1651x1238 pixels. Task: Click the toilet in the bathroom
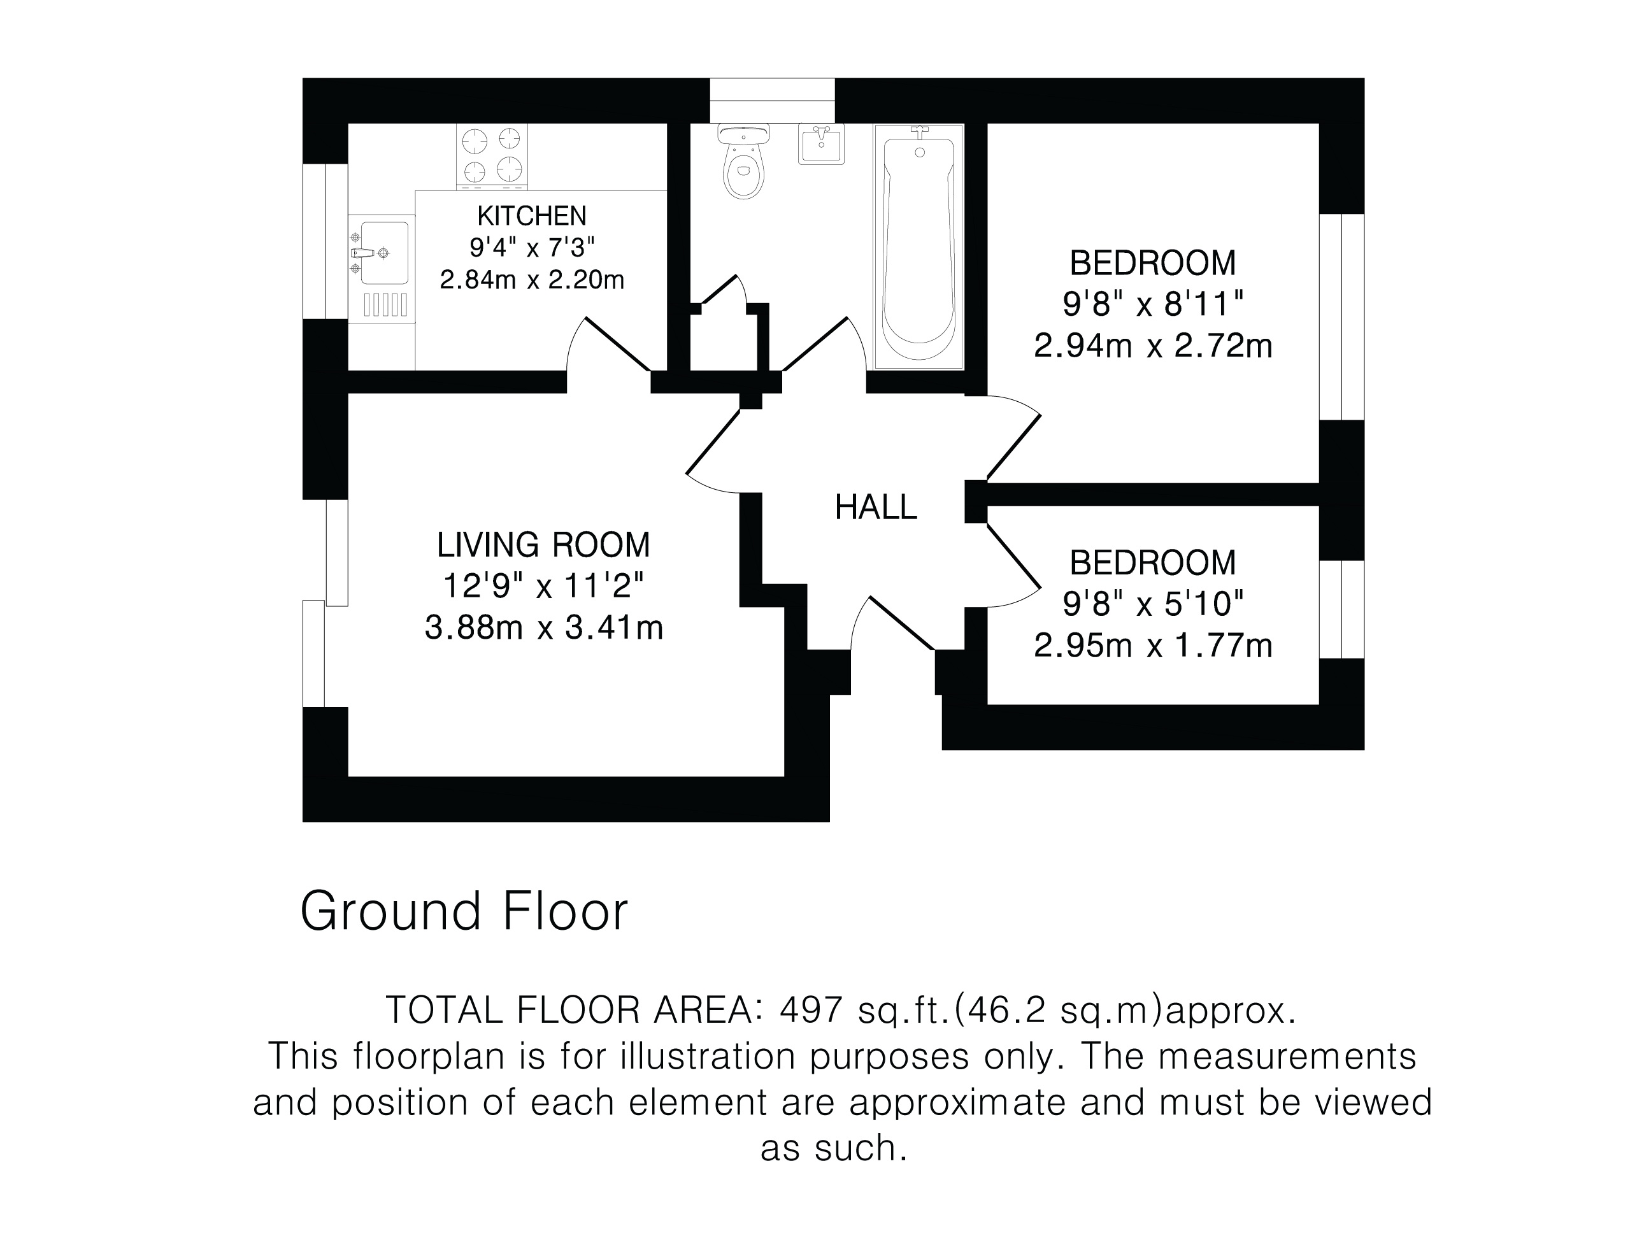tap(744, 160)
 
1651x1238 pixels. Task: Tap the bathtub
tap(918, 247)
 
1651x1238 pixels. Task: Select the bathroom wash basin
tap(822, 144)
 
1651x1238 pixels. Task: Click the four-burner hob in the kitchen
tap(492, 157)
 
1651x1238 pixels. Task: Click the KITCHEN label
tap(531, 216)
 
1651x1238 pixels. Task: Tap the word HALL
tap(876, 508)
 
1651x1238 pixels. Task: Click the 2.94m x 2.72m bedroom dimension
tap(1152, 346)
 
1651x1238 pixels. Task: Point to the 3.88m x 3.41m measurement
tap(543, 627)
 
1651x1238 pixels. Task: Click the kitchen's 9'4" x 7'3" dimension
tap(531, 247)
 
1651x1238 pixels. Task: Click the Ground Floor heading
tap(464, 911)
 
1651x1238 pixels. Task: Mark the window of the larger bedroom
tap(1341, 317)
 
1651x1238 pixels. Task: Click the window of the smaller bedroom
tap(1341, 609)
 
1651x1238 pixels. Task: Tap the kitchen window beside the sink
tap(325, 241)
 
